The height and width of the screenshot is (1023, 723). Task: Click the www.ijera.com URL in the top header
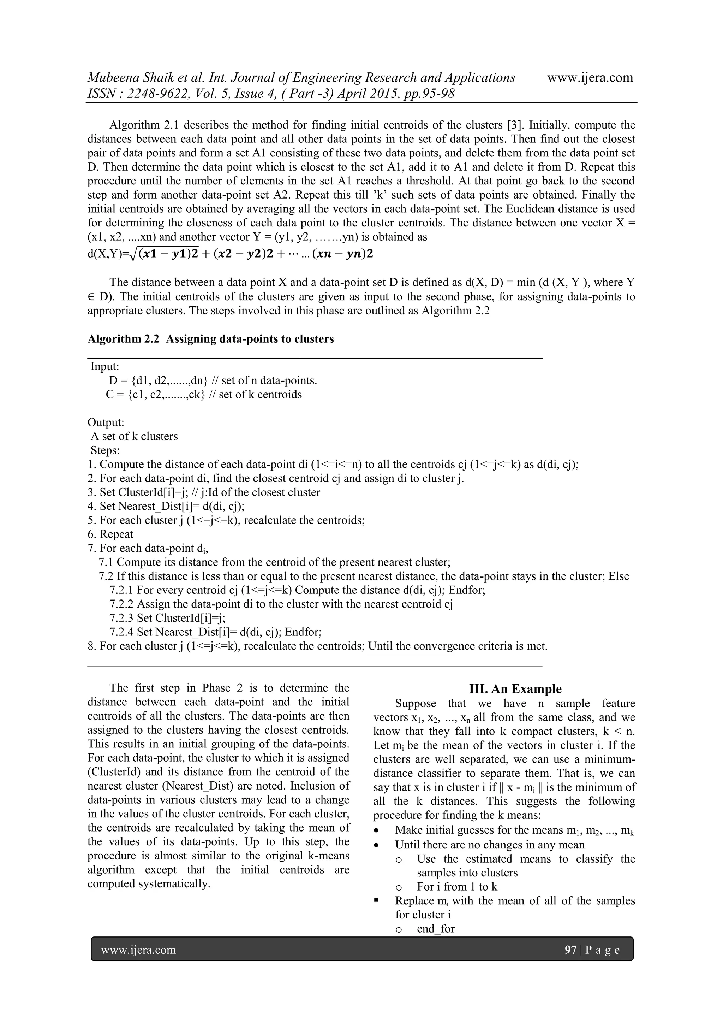point(590,77)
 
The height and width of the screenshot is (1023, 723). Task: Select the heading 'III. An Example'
point(515,689)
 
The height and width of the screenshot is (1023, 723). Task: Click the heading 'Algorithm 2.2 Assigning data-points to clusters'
point(210,339)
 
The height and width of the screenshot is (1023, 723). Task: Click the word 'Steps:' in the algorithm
point(105,450)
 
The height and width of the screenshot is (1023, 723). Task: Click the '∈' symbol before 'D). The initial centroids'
point(91,297)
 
